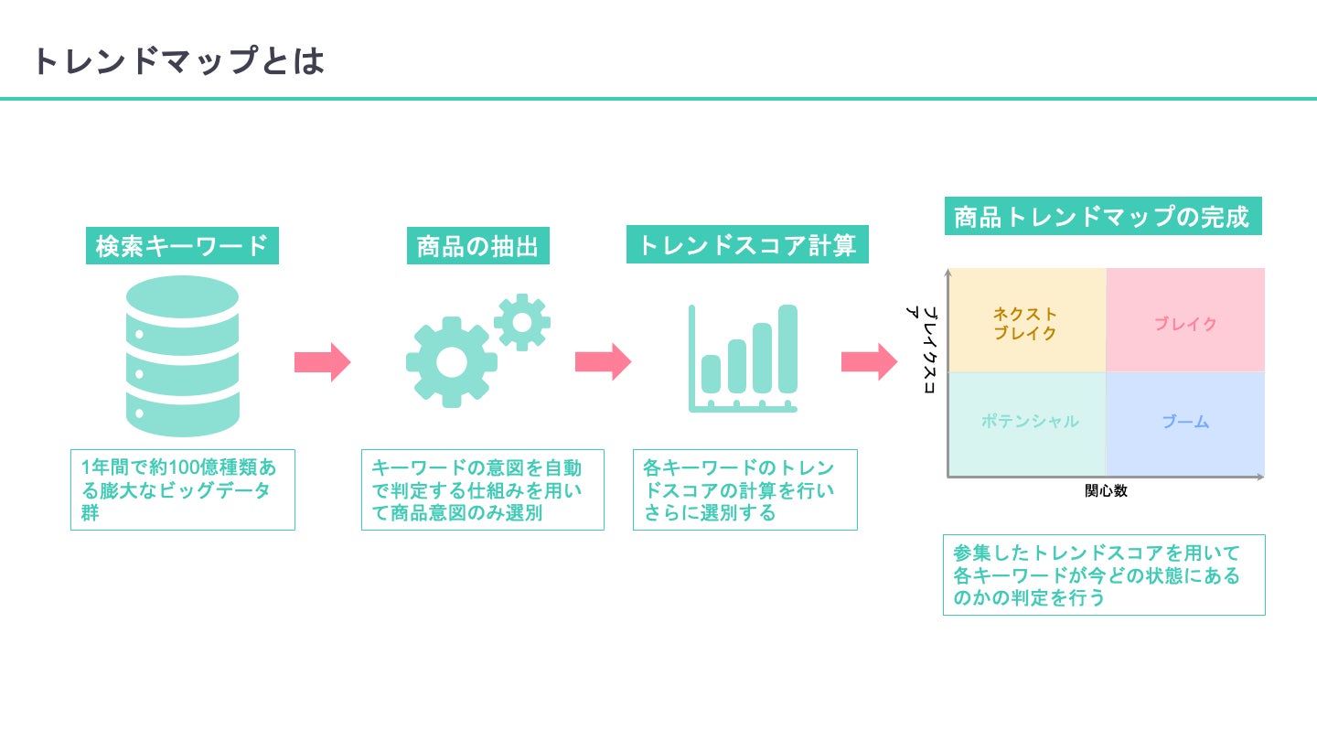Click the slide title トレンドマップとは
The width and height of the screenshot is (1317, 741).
click(178, 60)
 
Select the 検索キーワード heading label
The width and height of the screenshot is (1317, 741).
click(182, 246)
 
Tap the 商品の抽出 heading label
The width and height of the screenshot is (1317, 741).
click(478, 246)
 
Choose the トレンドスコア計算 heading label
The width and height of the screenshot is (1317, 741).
click(747, 244)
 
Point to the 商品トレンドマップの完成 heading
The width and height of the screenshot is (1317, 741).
click(1103, 216)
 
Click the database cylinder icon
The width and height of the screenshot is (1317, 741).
click(182, 357)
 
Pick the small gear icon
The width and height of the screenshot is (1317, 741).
click(522, 322)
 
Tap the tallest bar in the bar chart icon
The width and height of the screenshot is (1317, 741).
click(787, 349)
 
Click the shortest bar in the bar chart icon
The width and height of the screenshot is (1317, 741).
click(711, 374)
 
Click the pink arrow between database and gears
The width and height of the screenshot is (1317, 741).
click(322, 362)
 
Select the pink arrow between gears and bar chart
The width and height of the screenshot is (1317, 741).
click(604, 361)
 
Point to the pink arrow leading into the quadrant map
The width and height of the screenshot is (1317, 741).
click(869, 361)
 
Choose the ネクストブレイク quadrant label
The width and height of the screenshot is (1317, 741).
click(1024, 324)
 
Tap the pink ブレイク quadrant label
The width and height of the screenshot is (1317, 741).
click(1185, 324)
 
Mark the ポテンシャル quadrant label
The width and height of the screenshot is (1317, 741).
click(1030, 421)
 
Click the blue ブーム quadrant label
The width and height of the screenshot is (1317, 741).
click(1185, 422)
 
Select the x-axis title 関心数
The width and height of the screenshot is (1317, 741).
click(1106, 490)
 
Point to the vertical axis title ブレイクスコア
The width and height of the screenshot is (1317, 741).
click(922, 349)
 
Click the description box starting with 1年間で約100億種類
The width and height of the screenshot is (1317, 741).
click(183, 490)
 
